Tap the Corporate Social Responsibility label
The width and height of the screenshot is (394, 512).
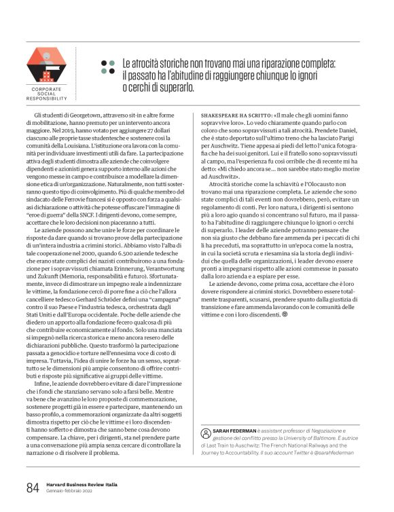pos(46,94)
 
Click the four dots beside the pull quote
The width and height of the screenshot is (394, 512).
pos(108,66)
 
